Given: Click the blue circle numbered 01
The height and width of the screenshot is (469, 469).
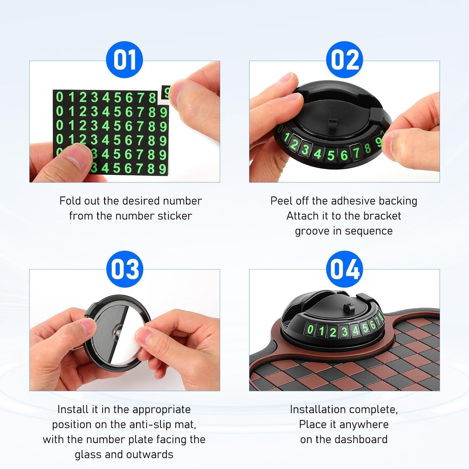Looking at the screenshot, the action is point(124,60).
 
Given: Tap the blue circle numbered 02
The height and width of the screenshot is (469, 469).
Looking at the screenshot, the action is point(344,60).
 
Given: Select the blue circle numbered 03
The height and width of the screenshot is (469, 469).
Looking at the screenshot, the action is point(125,269).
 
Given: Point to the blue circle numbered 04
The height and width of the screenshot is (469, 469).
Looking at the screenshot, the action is point(344,269).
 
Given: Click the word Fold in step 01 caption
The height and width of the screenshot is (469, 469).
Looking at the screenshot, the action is point(70,201).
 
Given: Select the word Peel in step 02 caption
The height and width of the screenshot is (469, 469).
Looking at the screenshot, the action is point(281,201).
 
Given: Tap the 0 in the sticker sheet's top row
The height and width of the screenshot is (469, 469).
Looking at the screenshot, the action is point(59,97).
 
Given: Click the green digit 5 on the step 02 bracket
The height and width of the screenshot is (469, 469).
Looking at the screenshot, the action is point(330,155).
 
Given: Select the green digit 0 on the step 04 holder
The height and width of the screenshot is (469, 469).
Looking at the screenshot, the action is point(310,329).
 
